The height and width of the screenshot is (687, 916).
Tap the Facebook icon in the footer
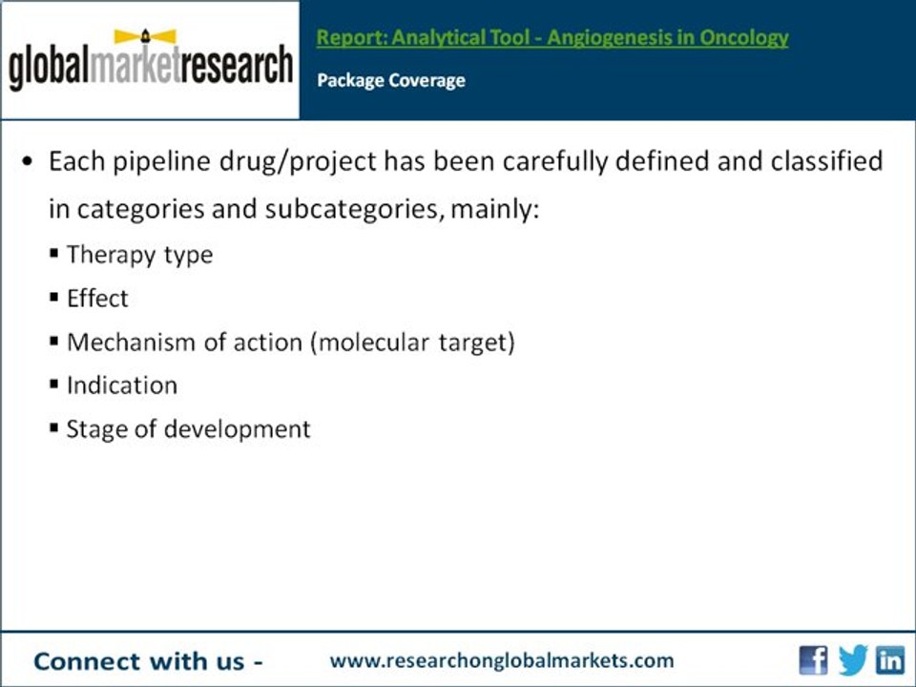point(813,660)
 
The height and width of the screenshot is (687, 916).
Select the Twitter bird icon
point(852,660)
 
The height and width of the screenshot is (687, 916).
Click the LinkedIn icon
point(891,660)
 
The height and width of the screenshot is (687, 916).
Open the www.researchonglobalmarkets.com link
point(502,660)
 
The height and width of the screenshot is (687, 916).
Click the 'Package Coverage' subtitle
point(391,80)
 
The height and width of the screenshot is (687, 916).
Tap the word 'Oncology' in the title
point(748,38)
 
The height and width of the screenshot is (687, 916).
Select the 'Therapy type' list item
point(139,255)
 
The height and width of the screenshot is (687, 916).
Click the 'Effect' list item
point(97,299)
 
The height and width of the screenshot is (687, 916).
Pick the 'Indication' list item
point(122,385)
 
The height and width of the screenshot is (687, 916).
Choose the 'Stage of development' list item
point(188,429)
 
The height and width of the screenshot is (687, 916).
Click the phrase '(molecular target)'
point(412,342)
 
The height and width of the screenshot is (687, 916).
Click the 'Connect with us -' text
point(149,660)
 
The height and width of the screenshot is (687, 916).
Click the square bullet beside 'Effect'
point(54,298)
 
